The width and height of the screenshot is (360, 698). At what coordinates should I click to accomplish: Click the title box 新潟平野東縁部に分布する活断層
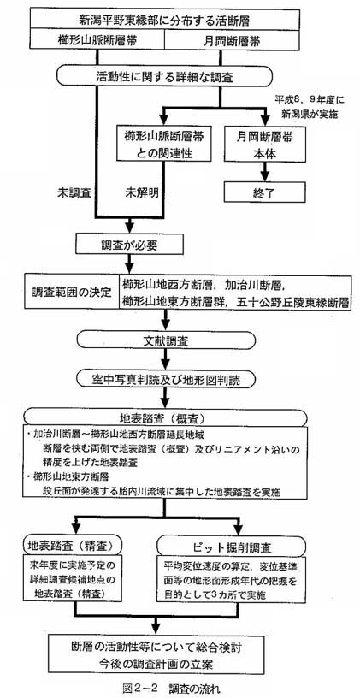pos(164,20)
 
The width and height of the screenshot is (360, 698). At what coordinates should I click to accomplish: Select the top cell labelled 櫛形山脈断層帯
pos(97,39)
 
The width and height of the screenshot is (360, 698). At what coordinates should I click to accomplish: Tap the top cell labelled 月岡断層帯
pos(232,39)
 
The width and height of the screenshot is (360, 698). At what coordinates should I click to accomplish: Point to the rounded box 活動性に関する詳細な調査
pos(164,77)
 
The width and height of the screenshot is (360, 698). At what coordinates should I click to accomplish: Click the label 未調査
pos(74,192)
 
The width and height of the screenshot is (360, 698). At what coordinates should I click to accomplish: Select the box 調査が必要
pos(128,245)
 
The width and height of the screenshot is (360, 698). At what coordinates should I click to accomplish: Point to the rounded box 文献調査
pos(166,340)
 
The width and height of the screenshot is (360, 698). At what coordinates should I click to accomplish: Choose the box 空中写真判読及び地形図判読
pos(166,379)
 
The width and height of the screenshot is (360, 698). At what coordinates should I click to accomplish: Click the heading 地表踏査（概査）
pos(165,419)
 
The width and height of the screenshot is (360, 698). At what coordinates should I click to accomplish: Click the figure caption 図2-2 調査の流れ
pos(171,689)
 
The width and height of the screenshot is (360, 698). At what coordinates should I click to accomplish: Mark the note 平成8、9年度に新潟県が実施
pos(307,105)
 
